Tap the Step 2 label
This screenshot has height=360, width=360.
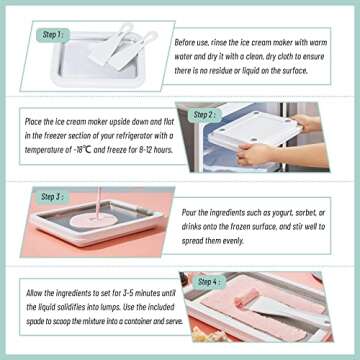pos(204,115)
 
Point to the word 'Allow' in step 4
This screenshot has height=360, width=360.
pos(38,285)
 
